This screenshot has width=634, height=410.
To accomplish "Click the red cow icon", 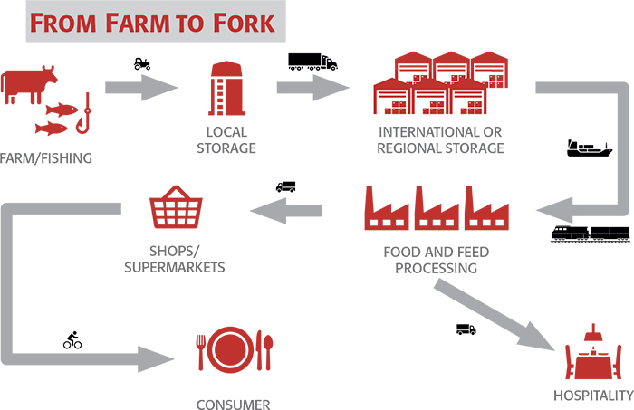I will click(x=29, y=82).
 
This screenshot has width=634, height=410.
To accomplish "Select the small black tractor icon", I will click(x=142, y=64).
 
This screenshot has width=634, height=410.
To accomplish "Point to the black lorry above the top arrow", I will click(x=312, y=62).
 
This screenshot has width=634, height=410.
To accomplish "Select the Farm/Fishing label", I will click(x=46, y=160).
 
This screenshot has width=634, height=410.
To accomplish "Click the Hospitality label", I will click(x=593, y=396).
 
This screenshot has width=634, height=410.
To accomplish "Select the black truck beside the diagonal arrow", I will click(x=466, y=329).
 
